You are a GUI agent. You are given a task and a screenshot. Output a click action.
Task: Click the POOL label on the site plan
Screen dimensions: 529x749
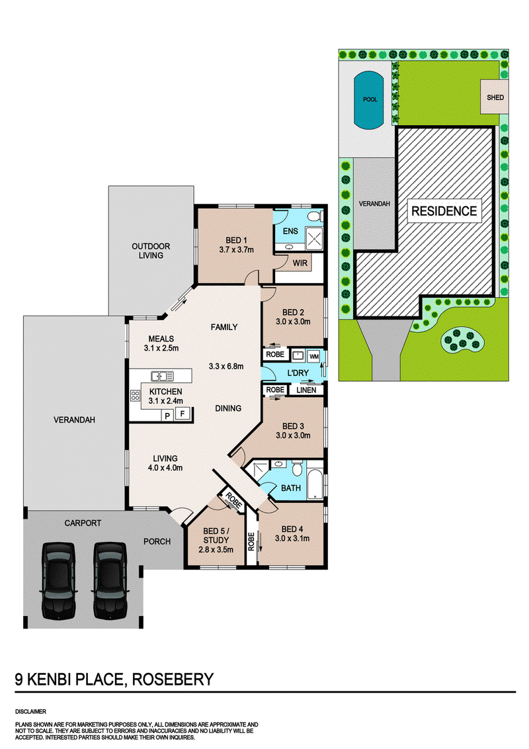(x=370, y=99)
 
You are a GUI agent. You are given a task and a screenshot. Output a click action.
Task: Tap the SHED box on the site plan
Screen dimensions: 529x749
(x=495, y=97)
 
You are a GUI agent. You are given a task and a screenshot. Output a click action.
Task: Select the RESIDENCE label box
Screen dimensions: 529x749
(x=444, y=211)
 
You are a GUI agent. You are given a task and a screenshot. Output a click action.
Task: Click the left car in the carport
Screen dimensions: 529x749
(x=58, y=580)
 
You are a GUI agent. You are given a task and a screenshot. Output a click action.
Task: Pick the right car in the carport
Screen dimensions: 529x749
(x=110, y=580)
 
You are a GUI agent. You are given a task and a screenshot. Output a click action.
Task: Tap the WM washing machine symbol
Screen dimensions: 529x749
(x=313, y=357)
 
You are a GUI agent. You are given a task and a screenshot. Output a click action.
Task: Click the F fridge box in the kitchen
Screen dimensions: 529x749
(x=183, y=414)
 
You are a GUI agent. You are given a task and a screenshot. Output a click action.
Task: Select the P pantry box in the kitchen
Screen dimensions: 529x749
(x=167, y=416)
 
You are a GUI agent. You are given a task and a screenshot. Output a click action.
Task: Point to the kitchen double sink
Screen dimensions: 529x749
(x=162, y=376)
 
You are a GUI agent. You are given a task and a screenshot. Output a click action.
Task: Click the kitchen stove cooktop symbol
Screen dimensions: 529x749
(x=135, y=396)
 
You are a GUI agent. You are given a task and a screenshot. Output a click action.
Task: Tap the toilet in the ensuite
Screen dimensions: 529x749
(x=314, y=216)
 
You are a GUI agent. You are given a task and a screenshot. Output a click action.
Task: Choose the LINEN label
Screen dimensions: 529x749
(x=306, y=390)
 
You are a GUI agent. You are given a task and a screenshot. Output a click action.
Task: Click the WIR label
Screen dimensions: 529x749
(x=300, y=263)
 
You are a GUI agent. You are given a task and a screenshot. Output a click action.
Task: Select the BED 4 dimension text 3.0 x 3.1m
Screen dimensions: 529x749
(x=292, y=539)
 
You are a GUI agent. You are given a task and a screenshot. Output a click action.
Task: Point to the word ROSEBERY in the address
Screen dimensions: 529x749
(x=173, y=680)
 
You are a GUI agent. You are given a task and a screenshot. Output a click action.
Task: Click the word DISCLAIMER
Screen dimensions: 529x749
(x=30, y=711)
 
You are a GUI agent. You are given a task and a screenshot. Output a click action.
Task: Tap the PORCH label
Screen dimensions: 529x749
(x=157, y=541)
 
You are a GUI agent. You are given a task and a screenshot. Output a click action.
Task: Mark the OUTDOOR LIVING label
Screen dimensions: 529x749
(x=151, y=251)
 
